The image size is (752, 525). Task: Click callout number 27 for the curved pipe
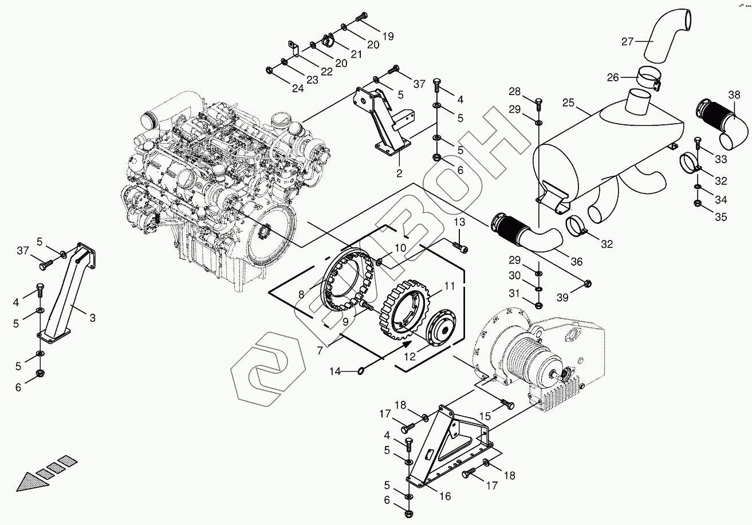628,41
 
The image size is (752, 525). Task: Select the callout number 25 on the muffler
568,103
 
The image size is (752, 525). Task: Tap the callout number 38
734,94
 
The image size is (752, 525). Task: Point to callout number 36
576,262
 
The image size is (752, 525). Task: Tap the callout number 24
298,88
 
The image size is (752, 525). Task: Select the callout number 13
460,222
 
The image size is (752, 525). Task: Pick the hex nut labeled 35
697,203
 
